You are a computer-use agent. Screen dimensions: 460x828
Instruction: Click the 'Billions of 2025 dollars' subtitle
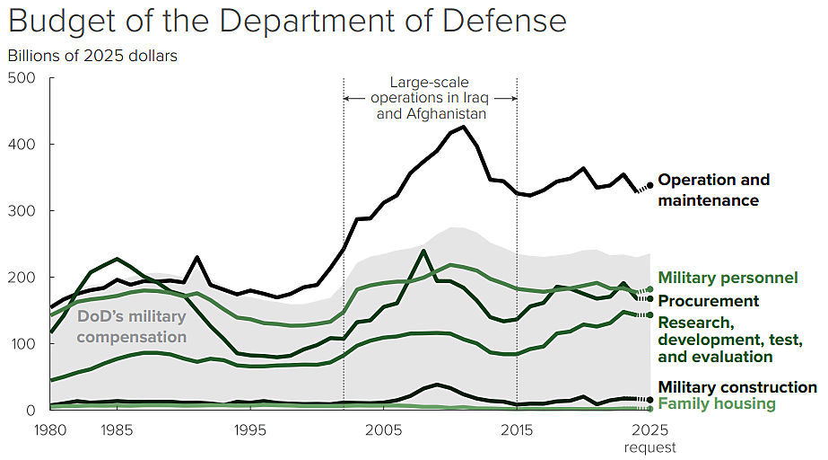(92, 56)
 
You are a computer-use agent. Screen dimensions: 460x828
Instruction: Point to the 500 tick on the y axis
(22, 78)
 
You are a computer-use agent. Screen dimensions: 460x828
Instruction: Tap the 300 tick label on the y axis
(22, 211)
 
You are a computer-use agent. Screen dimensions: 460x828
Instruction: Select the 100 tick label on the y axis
(22, 344)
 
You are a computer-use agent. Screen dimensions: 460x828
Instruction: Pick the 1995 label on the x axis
(248, 429)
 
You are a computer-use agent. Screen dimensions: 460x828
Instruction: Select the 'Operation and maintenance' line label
(713, 190)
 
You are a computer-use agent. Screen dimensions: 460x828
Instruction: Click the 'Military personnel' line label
(728, 278)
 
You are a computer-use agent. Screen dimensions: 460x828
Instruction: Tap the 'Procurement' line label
(709, 301)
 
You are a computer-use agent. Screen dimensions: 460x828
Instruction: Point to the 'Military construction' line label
(737, 387)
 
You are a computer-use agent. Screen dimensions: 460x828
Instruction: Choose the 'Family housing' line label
(716, 403)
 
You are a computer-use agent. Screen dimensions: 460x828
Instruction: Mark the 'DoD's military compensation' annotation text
(132, 326)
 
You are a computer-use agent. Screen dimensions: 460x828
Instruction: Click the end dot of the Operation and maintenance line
(650, 186)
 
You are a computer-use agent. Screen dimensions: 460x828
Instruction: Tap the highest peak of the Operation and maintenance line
(464, 127)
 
